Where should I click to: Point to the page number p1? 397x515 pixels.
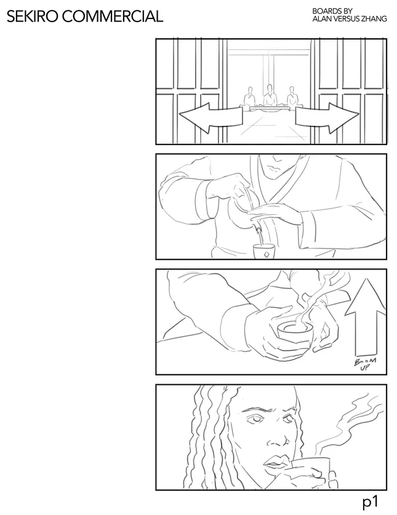tap(369, 502)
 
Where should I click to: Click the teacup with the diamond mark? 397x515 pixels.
tap(265, 252)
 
